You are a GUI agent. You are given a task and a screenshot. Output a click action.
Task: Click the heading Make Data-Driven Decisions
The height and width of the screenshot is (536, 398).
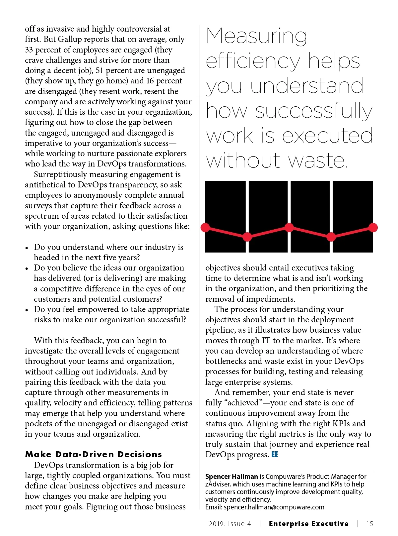pyautogui.click(x=94, y=454)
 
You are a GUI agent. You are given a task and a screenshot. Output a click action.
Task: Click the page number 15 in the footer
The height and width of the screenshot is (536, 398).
pyautogui.click(x=369, y=524)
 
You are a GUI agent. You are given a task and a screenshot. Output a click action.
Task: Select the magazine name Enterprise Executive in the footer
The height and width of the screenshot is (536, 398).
pyautogui.click(x=308, y=524)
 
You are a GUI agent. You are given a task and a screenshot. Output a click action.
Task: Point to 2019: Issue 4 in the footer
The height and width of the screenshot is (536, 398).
pyautogui.click(x=230, y=524)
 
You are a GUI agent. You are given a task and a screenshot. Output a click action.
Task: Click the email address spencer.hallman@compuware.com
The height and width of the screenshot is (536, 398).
pyautogui.click(x=274, y=507)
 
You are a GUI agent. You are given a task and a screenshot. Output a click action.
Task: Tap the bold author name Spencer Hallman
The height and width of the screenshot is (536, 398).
pyautogui.click(x=232, y=477)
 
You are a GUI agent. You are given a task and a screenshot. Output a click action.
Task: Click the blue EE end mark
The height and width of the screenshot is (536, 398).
pyautogui.click(x=275, y=455)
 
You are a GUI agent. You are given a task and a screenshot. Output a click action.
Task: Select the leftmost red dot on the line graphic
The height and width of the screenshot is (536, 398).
pyautogui.click(x=205, y=227)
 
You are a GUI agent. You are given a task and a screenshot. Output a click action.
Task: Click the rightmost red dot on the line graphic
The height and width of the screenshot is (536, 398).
pyautogui.click(x=373, y=227)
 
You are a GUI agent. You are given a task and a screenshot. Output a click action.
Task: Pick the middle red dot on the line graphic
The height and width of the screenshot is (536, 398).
pyautogui.click(x=289, y=227)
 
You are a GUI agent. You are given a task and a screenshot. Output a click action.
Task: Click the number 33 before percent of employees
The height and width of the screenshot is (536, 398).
pyautogui.click(x=29, y=50)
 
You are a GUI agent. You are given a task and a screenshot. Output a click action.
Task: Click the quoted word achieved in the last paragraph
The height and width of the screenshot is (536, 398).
pyautogui.click(x=244, y=403)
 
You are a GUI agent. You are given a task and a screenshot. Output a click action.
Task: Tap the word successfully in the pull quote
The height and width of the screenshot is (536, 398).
pyautogui.click(x=314, y=111)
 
